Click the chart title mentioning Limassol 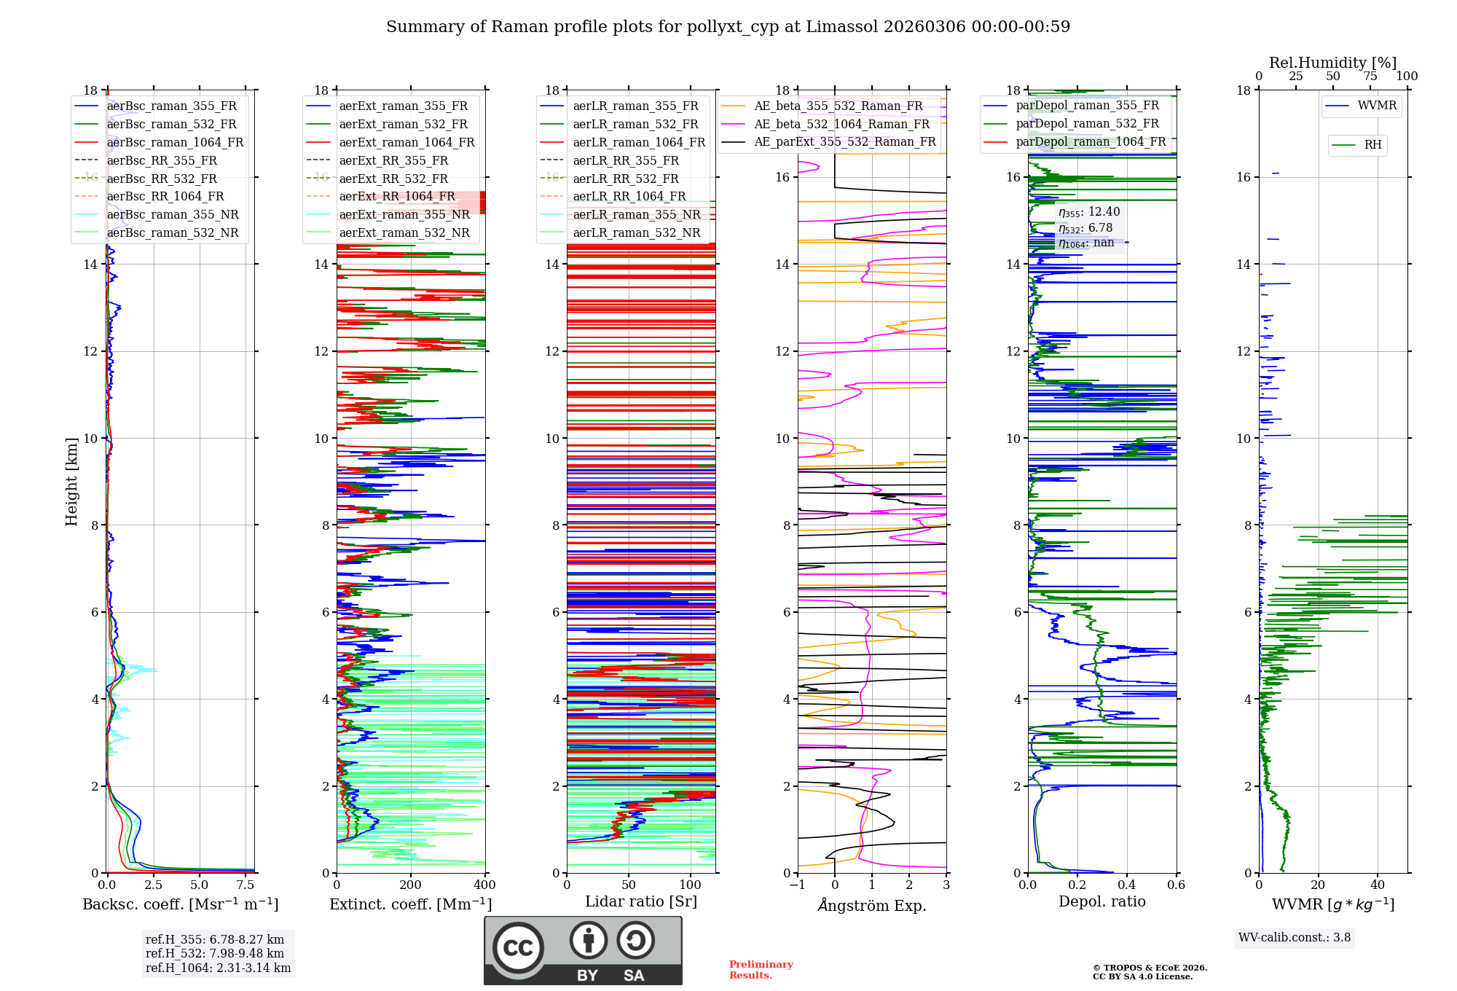[x=728, y=27]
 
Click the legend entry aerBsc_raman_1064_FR [x=175, y=142]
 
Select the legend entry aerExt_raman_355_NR [x=404, y=214]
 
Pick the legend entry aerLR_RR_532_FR [x=626, y=179]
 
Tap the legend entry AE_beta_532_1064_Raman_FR [x=841, y=124]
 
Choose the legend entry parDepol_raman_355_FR [x=1087, y=106]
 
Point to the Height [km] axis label [x=71, y=481]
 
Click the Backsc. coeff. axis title [x=180, y=904]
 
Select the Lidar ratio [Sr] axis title [x=641, y=901]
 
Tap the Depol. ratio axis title [x=1101, y=901]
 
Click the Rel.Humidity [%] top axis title [x=1332, y=63]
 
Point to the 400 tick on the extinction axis [x=484, y=885]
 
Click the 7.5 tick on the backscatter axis [x=246, y=885]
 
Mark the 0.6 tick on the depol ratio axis [x=1176, y=885]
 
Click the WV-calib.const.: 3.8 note [x=1295, y=938]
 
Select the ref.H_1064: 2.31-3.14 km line [x=218, y=968]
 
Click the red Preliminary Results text [x=761, y=970]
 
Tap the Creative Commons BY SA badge [x=583, y=950]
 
